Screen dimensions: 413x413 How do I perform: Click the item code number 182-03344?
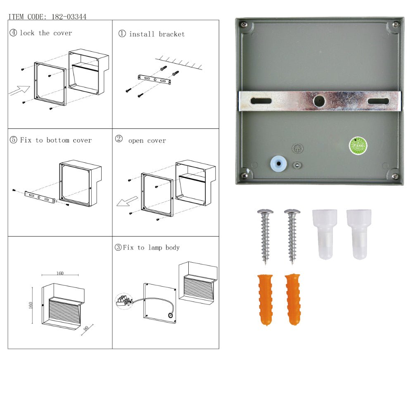click(69, 17)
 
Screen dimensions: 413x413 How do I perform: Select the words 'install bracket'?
click(157, 34)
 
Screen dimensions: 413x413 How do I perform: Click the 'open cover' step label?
click(147, 141)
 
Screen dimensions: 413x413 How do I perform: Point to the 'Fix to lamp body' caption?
click(151, 248)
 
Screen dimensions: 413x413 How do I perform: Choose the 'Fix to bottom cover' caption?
click(56, 140)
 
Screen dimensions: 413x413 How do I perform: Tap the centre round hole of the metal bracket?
click(319, 101)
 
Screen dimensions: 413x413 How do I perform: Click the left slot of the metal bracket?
click(261, 101)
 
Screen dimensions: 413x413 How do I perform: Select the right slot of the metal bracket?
click(378, 101)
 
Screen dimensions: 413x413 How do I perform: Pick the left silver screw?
click(265, 236)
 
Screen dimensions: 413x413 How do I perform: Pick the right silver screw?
click(292, 236)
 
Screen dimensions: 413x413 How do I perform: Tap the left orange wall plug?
click(265, 299)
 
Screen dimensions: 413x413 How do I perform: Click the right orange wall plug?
click(292, 299)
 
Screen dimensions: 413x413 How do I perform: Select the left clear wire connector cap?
click(324, 234)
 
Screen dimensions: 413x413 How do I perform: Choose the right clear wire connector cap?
click(358, 234)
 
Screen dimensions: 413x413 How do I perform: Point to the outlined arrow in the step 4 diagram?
click(19, 90)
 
